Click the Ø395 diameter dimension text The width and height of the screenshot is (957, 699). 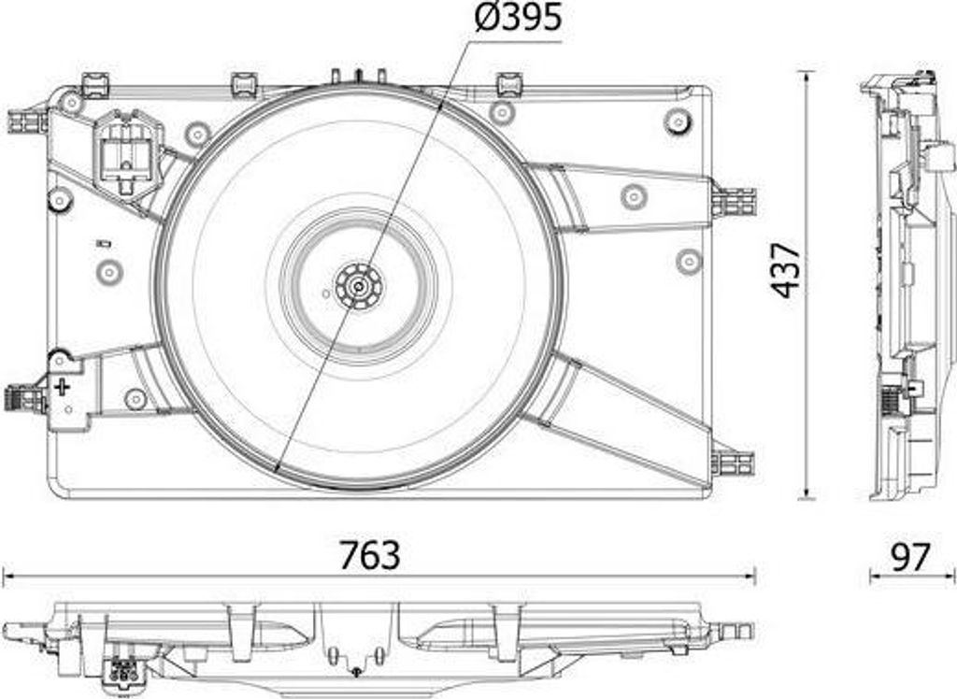point(517,18)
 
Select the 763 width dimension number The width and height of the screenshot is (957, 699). point(369,555)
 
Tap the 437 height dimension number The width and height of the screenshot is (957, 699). point(787,270)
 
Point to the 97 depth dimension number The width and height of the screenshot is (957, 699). point(909,557)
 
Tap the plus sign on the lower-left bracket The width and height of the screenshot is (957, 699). point(62,386)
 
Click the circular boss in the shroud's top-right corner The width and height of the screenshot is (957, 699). point(678,121)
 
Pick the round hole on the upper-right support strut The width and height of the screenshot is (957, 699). point(634,195)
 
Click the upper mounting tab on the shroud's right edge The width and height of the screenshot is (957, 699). point(735,201)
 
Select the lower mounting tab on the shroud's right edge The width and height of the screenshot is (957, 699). point(734,462)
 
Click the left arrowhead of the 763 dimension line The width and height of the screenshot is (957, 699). point(7,577)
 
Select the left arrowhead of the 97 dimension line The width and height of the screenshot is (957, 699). point(874,577)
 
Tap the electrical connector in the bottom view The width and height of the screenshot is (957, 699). point(121,669)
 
